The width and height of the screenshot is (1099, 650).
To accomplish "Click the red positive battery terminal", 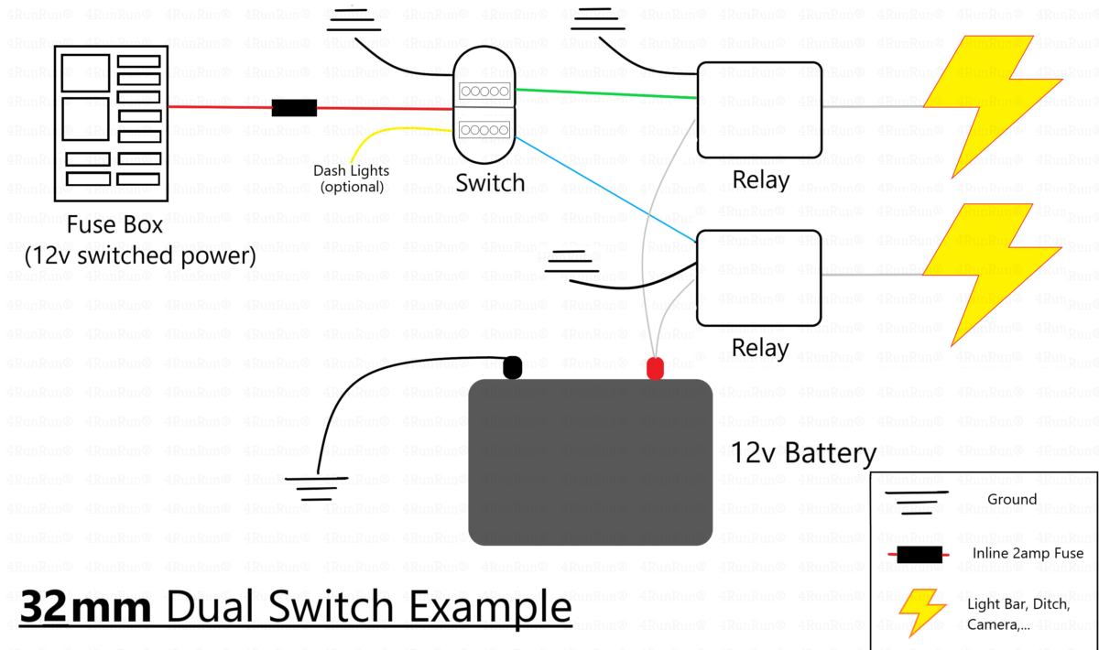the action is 655,368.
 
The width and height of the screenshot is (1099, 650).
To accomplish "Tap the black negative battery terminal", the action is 513,367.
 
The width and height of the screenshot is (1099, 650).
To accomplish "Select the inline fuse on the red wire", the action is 294,108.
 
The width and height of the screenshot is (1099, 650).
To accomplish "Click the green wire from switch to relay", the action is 606,93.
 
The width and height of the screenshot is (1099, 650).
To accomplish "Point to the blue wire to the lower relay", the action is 606,190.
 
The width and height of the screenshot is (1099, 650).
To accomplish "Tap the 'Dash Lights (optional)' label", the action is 352,179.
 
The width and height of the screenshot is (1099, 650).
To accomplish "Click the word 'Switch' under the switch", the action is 490,183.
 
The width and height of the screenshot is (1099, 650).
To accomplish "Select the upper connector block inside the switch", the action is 484,92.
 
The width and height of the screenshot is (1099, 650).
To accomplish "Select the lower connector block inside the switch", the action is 484,130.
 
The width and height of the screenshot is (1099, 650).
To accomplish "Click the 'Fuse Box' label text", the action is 114,225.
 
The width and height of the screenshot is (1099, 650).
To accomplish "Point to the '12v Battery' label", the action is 803,453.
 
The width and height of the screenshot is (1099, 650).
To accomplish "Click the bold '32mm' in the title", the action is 85,607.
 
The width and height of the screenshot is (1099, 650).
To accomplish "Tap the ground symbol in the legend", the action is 916,502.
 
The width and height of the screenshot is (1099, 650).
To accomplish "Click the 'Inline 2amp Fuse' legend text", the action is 1028,553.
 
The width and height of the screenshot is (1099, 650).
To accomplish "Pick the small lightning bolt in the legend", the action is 921,612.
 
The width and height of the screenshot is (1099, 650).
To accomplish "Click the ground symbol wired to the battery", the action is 317,489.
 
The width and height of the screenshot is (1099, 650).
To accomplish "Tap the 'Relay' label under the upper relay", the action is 760,180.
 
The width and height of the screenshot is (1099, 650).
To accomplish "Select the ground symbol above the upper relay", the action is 597,18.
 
